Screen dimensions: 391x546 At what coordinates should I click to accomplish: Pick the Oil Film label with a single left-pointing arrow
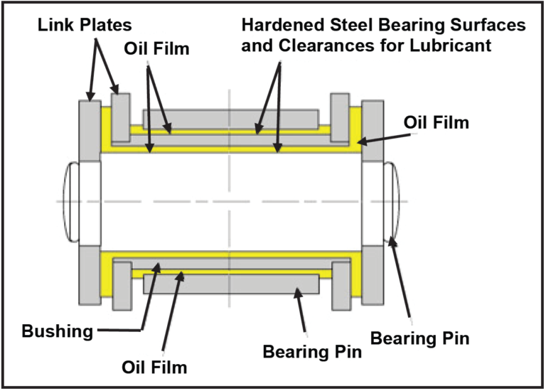coord(437,122)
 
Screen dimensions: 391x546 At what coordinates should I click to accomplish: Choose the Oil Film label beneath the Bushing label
coord(154,368)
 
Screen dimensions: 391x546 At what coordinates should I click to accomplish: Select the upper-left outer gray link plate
coord(90,130)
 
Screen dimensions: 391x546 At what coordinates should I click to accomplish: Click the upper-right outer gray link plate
coord(373,130)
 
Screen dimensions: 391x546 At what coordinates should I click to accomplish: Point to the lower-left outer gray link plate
coord(90,274)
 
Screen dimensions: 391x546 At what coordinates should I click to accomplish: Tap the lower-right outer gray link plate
coord(373,274)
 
